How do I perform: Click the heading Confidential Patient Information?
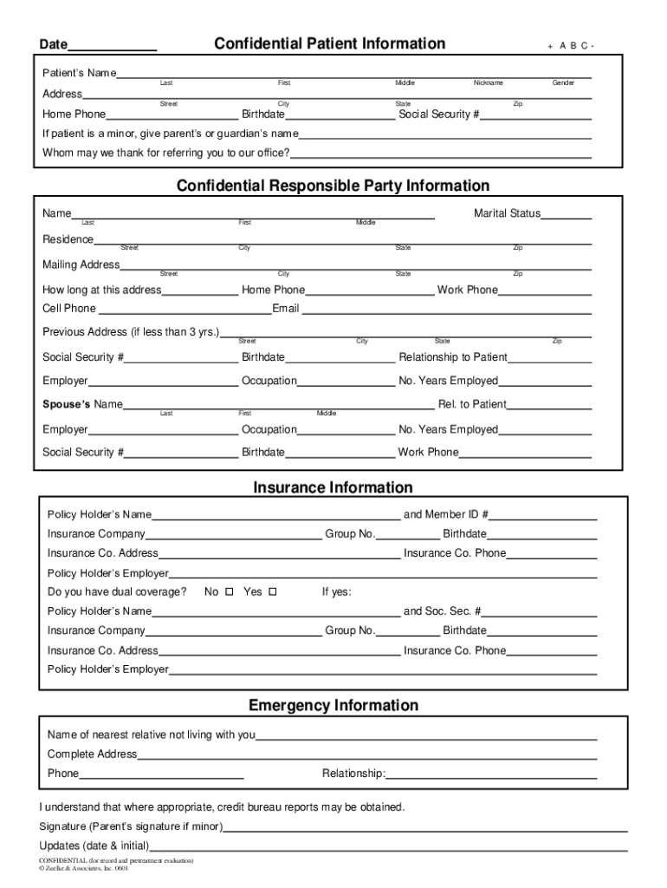(329, 43)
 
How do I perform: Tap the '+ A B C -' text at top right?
(571, 46)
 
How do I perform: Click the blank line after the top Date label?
(113, 49)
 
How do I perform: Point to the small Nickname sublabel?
(488, 83)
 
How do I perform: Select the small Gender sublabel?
(563, 83)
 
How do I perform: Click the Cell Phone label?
(69, 309)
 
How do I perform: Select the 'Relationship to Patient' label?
(453, 357)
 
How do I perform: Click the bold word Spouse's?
(67, 404)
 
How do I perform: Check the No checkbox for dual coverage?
(230, 592)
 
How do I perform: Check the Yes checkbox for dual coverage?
(272, 592)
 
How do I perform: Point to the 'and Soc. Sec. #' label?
(443, 610)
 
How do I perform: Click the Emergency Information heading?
(333, 705)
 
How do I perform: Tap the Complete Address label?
(92, 754)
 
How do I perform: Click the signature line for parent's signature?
(424, 829)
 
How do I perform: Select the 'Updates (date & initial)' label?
(94, 846)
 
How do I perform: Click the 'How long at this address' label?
(102, 290)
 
